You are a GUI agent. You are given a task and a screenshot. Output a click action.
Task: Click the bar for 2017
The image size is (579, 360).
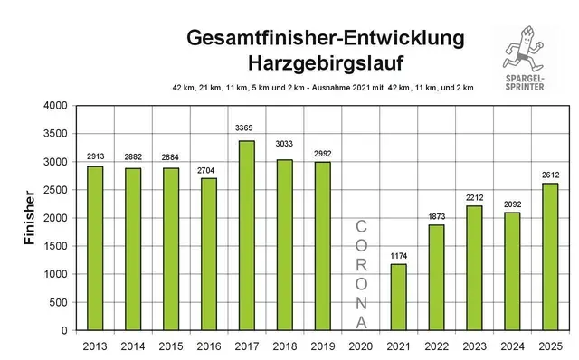tap(247, 235)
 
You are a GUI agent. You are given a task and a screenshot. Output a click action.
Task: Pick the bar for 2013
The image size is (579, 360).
tap(95, 248)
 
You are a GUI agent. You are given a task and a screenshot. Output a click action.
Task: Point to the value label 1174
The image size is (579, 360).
tap(399, 255)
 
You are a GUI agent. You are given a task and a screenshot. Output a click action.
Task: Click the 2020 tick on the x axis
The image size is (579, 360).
tap(361, 344)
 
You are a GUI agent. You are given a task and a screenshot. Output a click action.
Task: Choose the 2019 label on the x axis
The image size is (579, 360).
tap(323, 344)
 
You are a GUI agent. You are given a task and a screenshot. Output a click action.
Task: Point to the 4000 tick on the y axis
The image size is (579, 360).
tap(56, 106)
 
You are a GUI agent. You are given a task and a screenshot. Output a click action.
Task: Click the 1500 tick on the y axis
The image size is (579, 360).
tap(56, 246)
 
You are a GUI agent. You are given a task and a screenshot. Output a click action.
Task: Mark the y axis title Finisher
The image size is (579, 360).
tap(28, 218)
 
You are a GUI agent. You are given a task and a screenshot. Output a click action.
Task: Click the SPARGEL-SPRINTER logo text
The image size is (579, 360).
tap(530, 87)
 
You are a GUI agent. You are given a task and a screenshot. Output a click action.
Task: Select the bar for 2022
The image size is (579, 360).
tap(437, 278)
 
